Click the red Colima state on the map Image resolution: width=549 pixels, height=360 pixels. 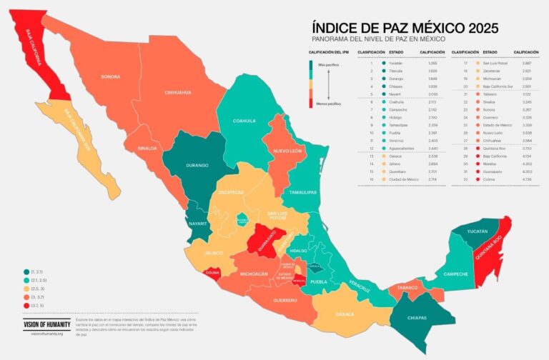point(212,272)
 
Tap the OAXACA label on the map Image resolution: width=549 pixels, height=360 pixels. point(345,313)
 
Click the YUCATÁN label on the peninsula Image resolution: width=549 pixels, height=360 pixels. point(474,231)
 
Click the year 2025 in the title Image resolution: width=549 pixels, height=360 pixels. point(475,28)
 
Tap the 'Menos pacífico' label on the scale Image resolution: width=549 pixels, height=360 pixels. point(329,104)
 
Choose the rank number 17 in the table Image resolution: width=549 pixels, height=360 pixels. point(467,63)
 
